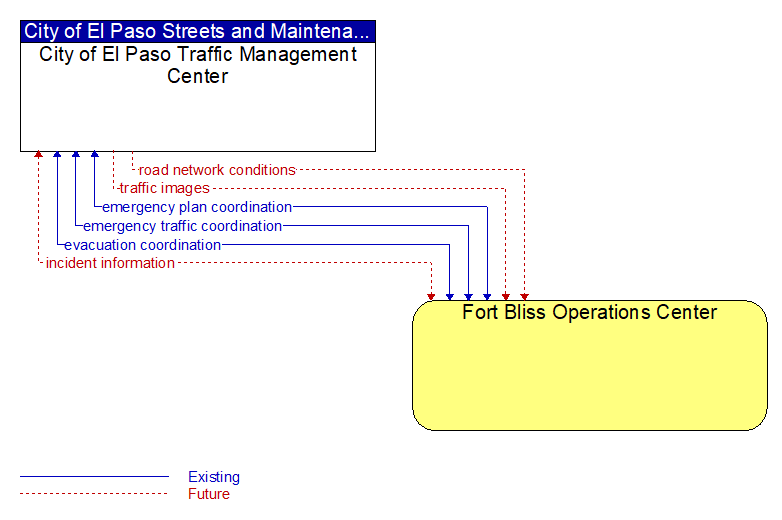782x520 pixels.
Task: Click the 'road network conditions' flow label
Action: coord(217,170)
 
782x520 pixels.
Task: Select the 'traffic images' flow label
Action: coord(165,188)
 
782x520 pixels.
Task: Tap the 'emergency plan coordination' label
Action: coord(197,207)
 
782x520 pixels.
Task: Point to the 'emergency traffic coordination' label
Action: coord(183,226)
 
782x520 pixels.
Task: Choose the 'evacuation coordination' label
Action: coord(143,245)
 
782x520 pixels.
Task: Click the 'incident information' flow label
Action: coord(110,263)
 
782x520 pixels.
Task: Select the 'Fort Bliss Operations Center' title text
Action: coord(589,312)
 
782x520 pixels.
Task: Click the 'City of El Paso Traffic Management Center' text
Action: coord(198,65)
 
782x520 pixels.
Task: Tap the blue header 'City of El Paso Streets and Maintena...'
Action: coord(197,31)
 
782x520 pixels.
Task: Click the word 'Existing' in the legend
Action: coord(214,477)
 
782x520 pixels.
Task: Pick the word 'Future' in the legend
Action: coord(209,494)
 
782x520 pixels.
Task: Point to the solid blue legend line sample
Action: coord(94,477)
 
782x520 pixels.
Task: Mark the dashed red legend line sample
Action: coord(94,494)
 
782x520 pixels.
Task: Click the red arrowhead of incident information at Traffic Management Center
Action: coord(38,154)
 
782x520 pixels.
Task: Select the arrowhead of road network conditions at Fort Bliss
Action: coord(524,297)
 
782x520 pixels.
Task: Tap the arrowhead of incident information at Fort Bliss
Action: coord(431,297)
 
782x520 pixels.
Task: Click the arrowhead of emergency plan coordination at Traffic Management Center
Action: coord(95,154)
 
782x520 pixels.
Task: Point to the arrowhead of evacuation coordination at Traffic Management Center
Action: coord(57,154)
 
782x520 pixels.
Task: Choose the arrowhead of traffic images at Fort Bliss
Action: coord(506,297)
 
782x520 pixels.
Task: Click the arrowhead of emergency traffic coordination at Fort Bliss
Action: coord(468,297)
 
